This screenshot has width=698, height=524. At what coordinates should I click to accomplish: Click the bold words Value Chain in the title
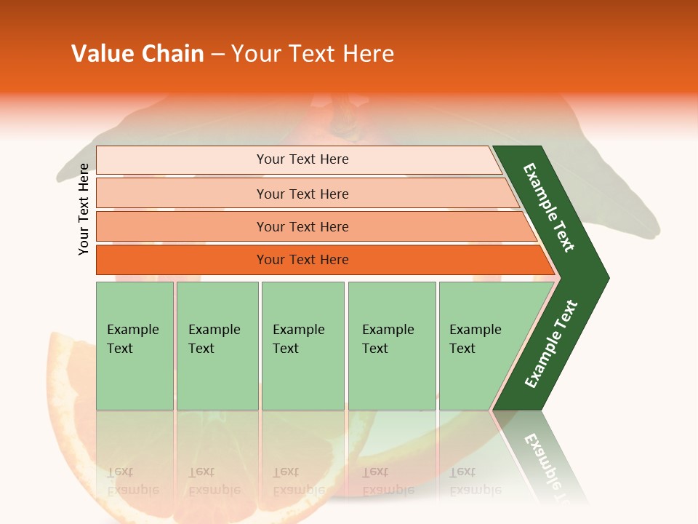click(x=137, y=54)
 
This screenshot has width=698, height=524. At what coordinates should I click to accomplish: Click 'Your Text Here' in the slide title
click(x=313, y=54)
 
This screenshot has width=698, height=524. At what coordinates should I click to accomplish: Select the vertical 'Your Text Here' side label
click(x=84, y=209)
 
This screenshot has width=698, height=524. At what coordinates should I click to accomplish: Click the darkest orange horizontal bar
click(x=182, y=260)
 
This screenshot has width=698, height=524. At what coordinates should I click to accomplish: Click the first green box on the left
click(x=135, y=346)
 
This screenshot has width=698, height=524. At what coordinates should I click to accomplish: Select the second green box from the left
click(x=217, y=346)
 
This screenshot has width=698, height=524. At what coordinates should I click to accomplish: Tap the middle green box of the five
click(x=302, y=346)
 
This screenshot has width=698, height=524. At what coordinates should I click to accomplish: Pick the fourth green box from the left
click(x=392, y=346)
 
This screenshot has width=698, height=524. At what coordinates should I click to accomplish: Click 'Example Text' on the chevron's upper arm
click(x=549, y=207)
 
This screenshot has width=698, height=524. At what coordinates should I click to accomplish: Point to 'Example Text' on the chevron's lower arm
click(x=550, y=344)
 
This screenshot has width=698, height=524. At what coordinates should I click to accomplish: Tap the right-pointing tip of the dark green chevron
click(x=603, y=278)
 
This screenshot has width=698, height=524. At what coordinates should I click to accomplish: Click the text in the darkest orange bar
click(x=302, y=260)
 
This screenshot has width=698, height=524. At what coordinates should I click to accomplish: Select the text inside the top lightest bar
click(x=302, y=159)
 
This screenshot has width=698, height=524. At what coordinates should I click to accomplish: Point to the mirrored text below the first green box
click(x=132, y=481)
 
